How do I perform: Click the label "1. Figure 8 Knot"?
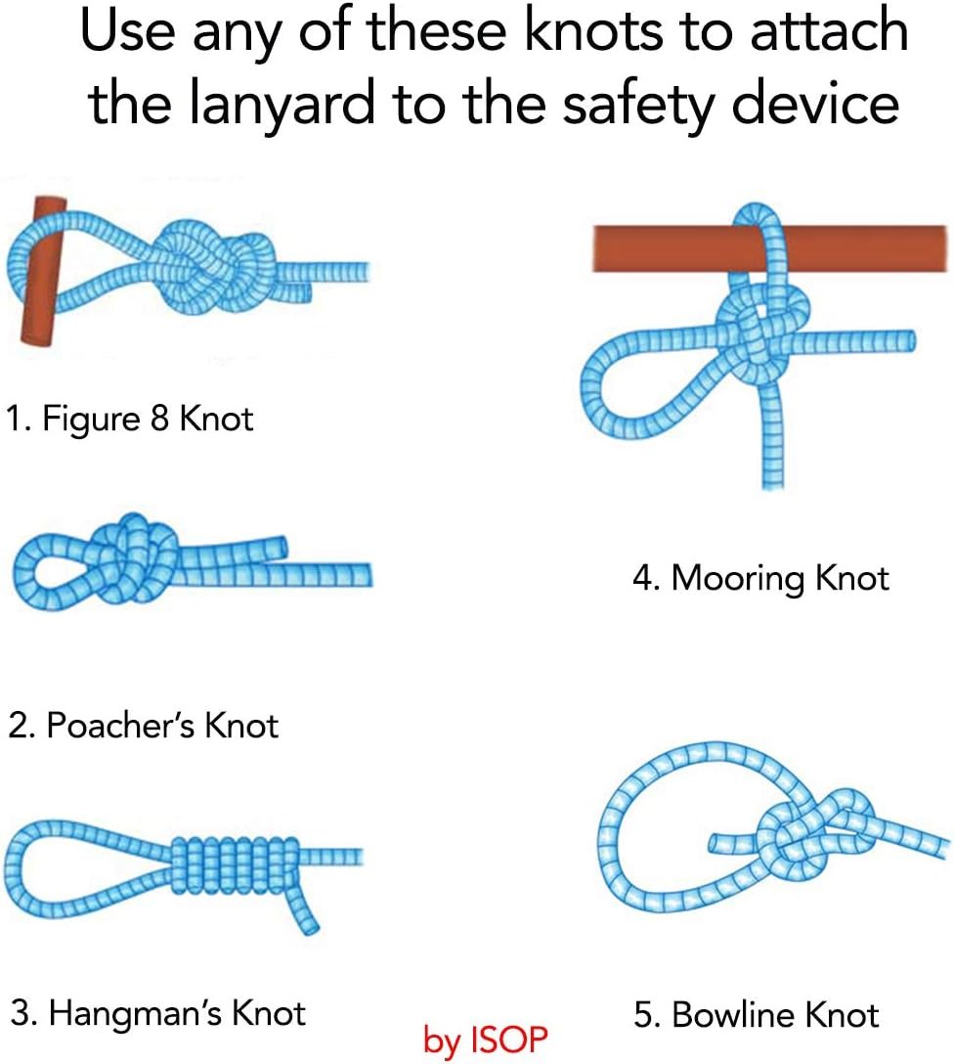(129, 418)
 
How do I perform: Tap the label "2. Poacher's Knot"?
(143, 726)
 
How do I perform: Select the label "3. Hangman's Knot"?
(158, 1014)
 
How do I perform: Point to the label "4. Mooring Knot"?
(760, 579)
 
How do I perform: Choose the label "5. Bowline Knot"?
(756, 1015)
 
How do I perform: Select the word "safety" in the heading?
(639, 104)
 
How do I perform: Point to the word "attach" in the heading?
(830, 30)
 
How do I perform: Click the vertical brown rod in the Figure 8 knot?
(42, 271)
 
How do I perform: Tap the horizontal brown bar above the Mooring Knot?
(769, 248)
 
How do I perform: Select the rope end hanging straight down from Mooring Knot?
(772, 434)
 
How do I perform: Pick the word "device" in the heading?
(815, 104)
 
